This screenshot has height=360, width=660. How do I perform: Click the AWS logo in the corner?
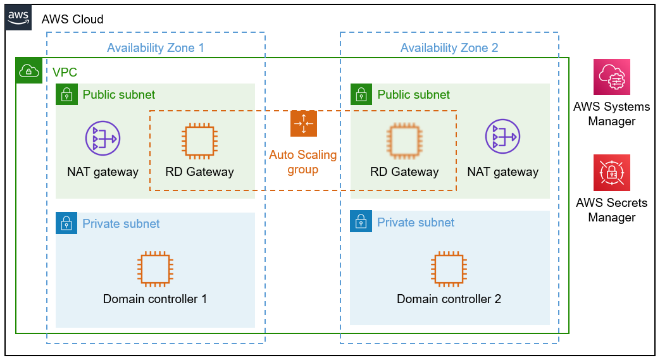18,18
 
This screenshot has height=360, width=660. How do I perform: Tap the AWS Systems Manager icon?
612,77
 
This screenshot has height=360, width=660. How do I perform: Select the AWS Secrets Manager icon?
612,173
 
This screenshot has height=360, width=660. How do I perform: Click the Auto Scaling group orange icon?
304,123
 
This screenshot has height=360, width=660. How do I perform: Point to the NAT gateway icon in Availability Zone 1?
103,138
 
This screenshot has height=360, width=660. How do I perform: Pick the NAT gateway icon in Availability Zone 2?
502,137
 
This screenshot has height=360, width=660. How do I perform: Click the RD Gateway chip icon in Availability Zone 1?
199,141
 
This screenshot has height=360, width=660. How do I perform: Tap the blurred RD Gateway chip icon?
404,141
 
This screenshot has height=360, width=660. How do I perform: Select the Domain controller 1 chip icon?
155,269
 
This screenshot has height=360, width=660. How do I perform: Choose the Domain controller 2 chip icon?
449,269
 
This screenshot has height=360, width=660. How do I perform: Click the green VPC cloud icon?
29,71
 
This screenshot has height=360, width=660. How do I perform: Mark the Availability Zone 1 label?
155,47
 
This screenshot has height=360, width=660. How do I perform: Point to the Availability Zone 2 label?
449,47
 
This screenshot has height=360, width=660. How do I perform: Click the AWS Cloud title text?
72,20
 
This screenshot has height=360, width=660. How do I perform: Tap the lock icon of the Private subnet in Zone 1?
66,223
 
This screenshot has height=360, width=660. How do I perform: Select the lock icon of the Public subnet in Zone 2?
361,94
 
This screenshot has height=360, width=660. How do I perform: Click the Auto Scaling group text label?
303,162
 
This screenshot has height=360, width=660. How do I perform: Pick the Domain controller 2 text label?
449,299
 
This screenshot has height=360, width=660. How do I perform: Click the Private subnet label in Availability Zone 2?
416,222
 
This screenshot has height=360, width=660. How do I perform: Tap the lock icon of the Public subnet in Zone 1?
66,94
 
